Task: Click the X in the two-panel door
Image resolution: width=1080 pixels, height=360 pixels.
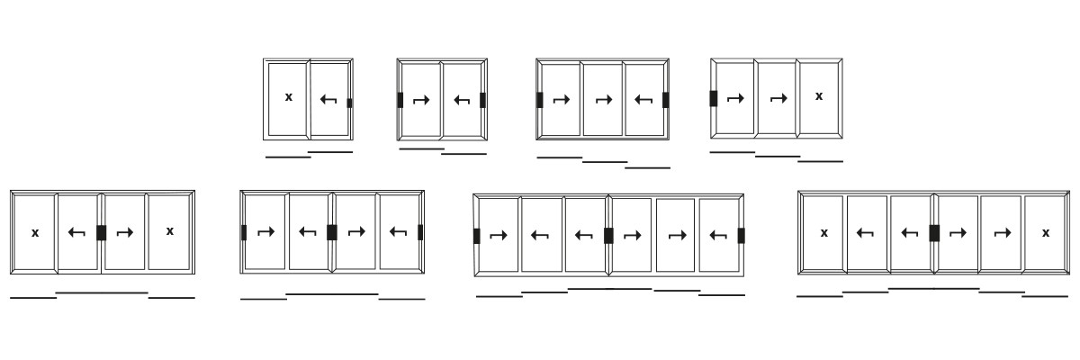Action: [x=289, y=97]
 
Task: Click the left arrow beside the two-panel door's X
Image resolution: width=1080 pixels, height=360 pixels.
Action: [x=328, y=99]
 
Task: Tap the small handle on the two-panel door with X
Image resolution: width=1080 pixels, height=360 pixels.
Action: [x=349, y=103]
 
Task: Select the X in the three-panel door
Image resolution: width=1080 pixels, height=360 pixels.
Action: [x=819, y=96]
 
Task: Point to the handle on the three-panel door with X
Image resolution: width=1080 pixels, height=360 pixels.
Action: [x=714, y=98]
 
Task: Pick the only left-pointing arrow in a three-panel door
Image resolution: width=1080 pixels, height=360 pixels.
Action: [x=643, y=100]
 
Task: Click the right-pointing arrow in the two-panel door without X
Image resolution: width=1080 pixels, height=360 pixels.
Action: [x=421, y=100]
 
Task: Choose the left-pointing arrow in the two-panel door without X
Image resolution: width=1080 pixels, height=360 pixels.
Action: [x=462, y=100]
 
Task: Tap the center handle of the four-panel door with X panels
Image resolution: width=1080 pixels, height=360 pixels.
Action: [x=102, y=232]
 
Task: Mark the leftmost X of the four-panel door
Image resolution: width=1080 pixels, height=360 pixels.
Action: [x=35, y=233]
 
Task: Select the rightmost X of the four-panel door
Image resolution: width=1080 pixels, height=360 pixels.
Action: [x=169, y=231]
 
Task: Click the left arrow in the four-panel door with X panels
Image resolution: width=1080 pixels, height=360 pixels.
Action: [x=76, y=232]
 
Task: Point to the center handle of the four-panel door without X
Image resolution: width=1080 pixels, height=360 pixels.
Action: [x=332, y=232]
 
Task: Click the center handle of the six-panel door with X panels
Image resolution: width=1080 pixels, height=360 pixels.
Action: [x=934, y=233]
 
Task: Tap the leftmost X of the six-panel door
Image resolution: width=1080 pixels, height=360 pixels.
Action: [x=823, y=233]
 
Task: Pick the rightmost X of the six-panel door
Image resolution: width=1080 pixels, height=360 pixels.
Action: [x=1046, y=233]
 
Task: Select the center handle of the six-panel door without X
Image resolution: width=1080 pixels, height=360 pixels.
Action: [x=608, y=236]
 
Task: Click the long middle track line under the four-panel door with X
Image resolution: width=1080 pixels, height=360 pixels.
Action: [x=102, y=292]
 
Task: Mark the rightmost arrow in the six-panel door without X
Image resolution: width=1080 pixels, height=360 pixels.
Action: [x=718, y=236]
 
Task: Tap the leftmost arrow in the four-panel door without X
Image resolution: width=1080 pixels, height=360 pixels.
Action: [x=265, y=232]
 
